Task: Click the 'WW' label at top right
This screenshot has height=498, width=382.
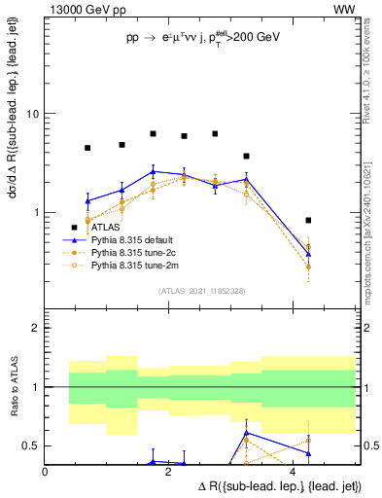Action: pyautogui.click(x=344, y=10)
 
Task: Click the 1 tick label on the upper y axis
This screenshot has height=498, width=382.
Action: pyautogui.click(x=37, y=212)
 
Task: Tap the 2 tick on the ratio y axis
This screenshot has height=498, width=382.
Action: pyautogui.click(x=37, y=328)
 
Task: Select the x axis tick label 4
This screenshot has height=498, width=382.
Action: pyautogui.click(x=294, y=471)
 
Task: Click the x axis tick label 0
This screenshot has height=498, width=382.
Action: pyautogui.click(x=46, y=471)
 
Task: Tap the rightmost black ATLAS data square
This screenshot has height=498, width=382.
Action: pyautogui.click(x=308, y=221)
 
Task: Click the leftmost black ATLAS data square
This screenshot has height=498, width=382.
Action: pyautogui.click(x=87, y=148)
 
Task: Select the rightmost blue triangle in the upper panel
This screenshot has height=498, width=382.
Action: pyautogui.click(x=308, y=254)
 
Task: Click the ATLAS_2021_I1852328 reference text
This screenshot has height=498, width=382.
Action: pyautogui.click(x=200, y=290)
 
